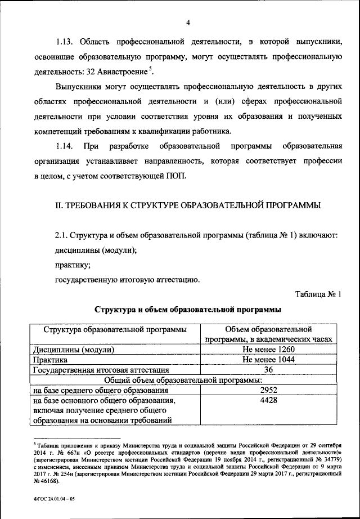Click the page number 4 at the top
[x=189, y=22]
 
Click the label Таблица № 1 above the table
[x=318, y=293]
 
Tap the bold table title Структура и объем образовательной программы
[x=188, y=310]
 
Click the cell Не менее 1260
[x=268, y=350]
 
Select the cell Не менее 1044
[x=268, y=360]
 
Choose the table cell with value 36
[x=268, y=370]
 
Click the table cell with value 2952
[x=268, y=390]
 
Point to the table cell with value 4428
[x=268, y=400]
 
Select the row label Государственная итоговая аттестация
[x=100, y=370]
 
